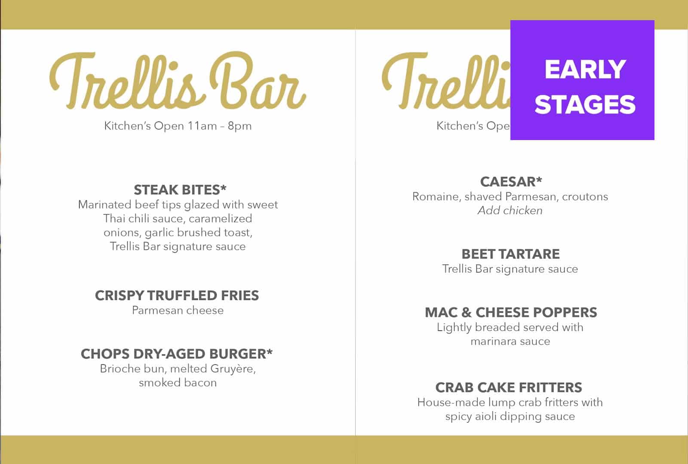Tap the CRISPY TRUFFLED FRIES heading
pos(177,296)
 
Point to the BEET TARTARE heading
pos(510,254)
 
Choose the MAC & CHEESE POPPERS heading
pos(511,312)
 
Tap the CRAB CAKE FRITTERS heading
pos(509,388)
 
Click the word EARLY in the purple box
pos(585,70)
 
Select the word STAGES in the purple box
pos(585,105)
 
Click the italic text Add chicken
pos(510,211)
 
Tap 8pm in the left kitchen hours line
pos(240,126)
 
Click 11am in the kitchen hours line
pos(202,126)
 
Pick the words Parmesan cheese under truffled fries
pos(178,310)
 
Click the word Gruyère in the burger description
pos(233,369)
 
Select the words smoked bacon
pos(178,382)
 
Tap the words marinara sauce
pos(510,341)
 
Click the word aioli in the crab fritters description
pos(488,416)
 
